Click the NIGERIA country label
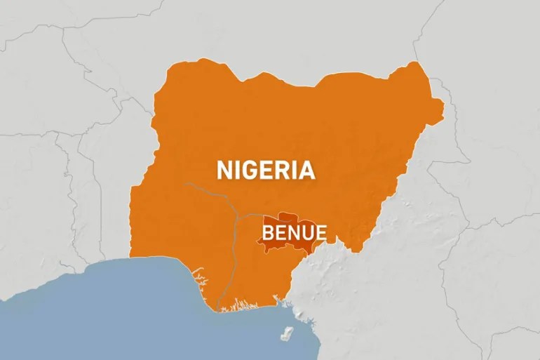266,170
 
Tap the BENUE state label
294,232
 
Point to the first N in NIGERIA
224,170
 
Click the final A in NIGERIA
306,170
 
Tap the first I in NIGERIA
236,170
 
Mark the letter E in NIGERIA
266,170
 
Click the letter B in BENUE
268,232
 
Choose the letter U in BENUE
306,232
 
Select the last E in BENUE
320,232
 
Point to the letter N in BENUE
293,232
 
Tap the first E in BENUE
280,232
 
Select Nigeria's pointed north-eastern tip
442,107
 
